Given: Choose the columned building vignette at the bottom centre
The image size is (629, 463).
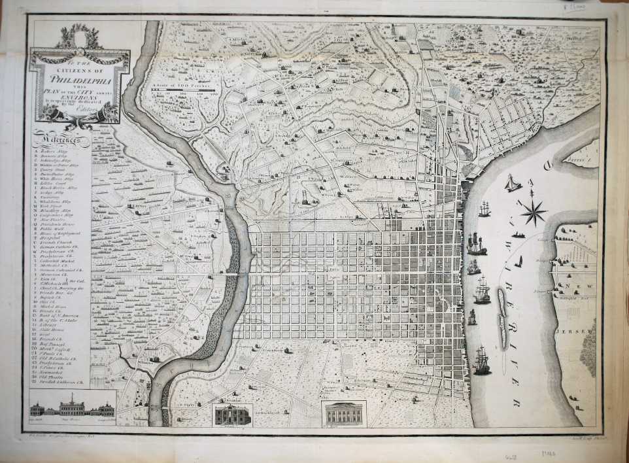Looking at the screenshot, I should point(344,414).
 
